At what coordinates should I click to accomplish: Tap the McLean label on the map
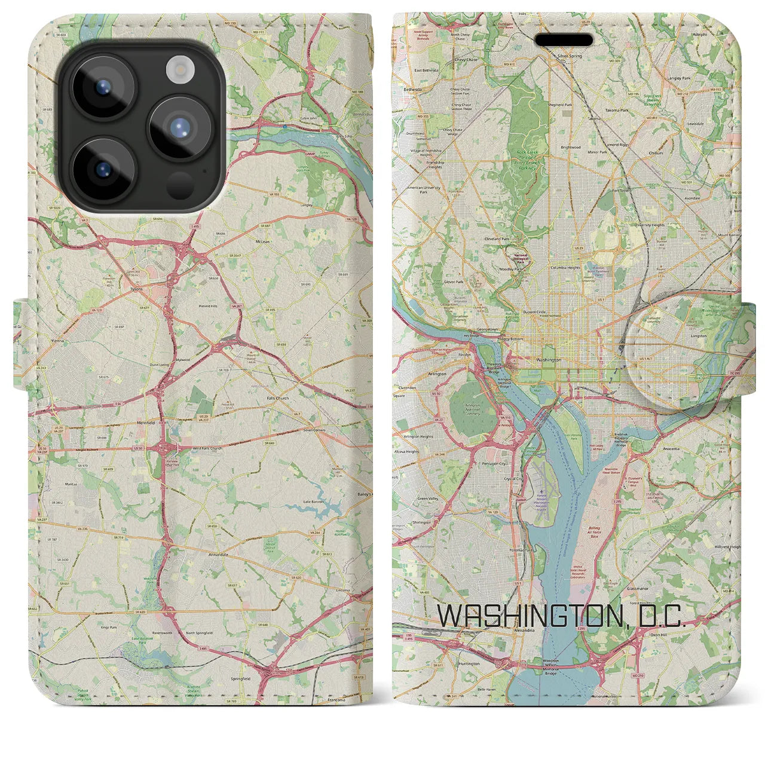[x=263, y=242]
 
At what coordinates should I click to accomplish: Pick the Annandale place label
[x=218, y=554]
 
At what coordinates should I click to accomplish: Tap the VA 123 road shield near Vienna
[x=96, y=311]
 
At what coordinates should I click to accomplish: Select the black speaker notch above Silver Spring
[x=564, y=40]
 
